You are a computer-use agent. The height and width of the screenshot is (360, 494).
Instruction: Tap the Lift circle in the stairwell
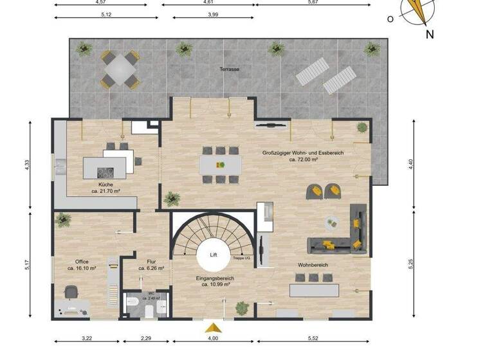tap(214, 255)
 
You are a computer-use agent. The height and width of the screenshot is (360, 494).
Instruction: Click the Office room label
tap(82, 262)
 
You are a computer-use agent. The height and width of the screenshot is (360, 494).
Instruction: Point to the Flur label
tap(152, 262)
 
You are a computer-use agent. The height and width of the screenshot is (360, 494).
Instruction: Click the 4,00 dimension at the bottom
tap(213, 338)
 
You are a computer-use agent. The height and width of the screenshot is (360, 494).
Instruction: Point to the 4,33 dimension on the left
tap(26, 165)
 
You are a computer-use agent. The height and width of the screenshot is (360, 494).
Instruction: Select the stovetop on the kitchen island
tap(105, 172)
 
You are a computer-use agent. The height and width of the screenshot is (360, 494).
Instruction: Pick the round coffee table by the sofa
tap(331, 222)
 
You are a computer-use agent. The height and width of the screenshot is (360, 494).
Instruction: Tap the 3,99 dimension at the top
tap(208, 14)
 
